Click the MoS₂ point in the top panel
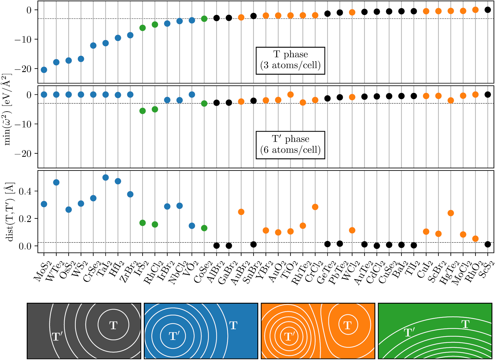[44, 70]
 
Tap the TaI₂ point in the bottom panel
[105, 178]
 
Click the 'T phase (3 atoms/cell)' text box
[290, 60]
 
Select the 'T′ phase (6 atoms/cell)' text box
[290, 145]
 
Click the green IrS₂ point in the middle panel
[142, 111]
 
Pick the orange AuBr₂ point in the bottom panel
[241, 212]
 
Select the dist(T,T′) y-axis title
[10, 212]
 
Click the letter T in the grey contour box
[113, 325]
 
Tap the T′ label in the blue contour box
[174, 336]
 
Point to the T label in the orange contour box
[347, 325]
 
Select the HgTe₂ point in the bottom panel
[451, 213]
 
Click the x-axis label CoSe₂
[201, 272]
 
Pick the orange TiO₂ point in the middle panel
[290, 94]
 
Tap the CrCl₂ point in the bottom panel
[315, 207]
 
